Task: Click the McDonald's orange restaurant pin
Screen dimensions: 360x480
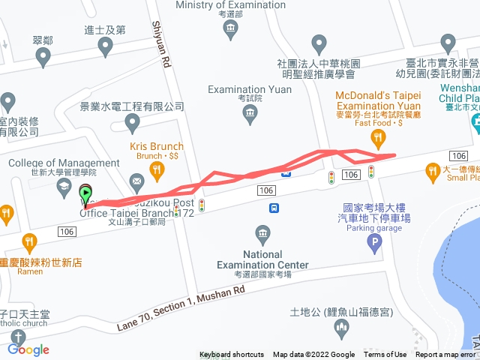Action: point(379,137)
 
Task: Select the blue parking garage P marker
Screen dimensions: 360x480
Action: point(374,242)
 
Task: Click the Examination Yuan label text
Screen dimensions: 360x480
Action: point(250,90)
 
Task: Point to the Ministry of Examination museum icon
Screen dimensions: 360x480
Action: point(231,31)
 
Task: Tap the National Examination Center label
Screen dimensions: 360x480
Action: point(262,259)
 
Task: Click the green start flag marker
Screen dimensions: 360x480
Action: point(85,193)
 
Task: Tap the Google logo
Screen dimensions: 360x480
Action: point(28,349)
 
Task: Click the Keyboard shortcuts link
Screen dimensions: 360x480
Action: point(232,355)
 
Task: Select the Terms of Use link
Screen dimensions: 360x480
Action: point(385,355)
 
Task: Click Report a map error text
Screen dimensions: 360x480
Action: point(445,355)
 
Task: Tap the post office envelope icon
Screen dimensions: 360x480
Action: point(136,180)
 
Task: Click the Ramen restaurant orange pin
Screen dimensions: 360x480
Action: point(30,242)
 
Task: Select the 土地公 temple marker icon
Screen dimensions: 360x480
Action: point(341,327)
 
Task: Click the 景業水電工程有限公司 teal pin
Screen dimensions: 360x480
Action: point(133,122)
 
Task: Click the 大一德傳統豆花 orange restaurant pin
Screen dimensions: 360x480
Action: point(433,173)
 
